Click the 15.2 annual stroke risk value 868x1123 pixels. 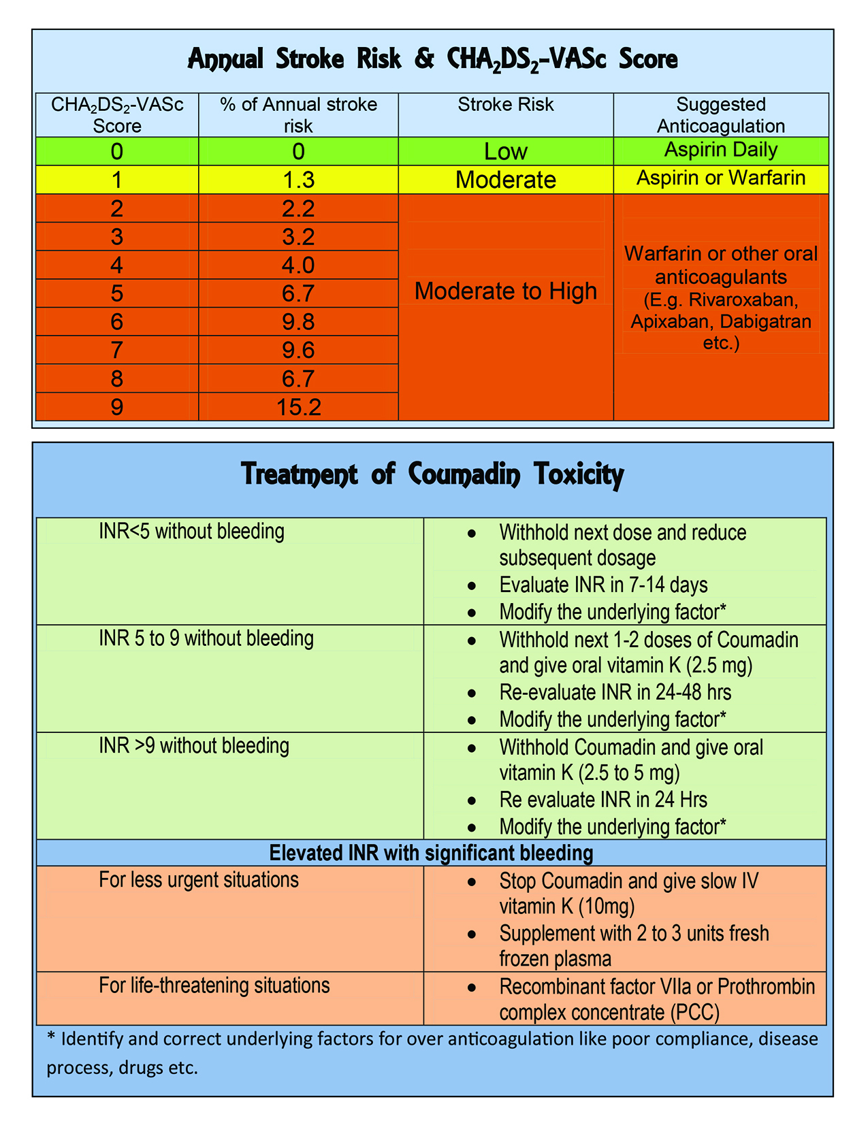coord(298,407)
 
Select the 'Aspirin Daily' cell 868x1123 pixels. coord(721,150)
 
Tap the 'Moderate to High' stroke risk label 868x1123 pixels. coord(506,291)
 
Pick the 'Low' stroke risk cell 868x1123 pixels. coord(506,151)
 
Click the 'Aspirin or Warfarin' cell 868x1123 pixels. coord(721,178)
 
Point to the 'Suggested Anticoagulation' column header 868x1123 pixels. coord(721,115)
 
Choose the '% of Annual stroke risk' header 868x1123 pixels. coord(298,115)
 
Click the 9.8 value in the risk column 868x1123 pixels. coord(298,321)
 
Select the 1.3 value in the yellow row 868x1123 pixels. coord(298,180)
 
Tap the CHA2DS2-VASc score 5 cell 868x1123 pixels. coord(117,293)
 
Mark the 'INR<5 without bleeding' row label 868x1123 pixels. coord(191,532)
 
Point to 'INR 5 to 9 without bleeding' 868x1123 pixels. coord(206,638)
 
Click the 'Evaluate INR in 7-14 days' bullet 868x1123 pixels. coord(603,585)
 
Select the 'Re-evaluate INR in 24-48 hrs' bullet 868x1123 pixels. coord(615,693)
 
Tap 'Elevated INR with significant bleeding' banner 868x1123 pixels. coord(431,853)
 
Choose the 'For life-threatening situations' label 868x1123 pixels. coord(214,986)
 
